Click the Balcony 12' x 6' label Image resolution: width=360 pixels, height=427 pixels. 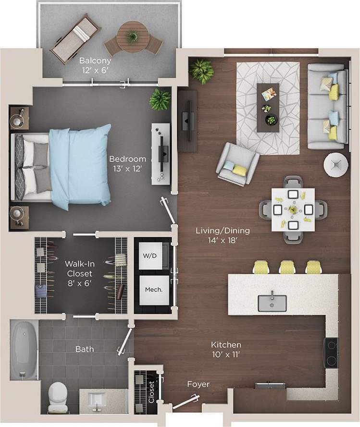click(95, 65)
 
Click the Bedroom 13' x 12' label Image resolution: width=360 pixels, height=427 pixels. click(127, 164)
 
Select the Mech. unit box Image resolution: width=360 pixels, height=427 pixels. click(153, 290)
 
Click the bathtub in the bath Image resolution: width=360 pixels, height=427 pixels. click(24, 350)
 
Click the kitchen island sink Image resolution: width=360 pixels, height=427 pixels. click(272, 303)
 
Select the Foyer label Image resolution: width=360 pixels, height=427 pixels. click(199, 384)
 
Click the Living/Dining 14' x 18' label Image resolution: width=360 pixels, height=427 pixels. click(223, 235)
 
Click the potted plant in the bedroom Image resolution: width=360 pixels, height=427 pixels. click(160, 99)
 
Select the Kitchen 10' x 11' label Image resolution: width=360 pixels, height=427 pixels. click(226, 350)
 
